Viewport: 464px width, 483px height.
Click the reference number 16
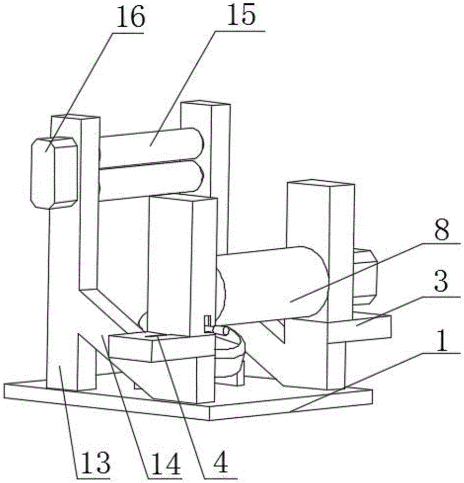pos(130,18)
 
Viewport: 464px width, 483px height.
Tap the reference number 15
pos(244,16)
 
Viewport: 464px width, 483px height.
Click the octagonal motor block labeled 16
pos(53,173)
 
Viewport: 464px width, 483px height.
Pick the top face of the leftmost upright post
pos(72,117)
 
